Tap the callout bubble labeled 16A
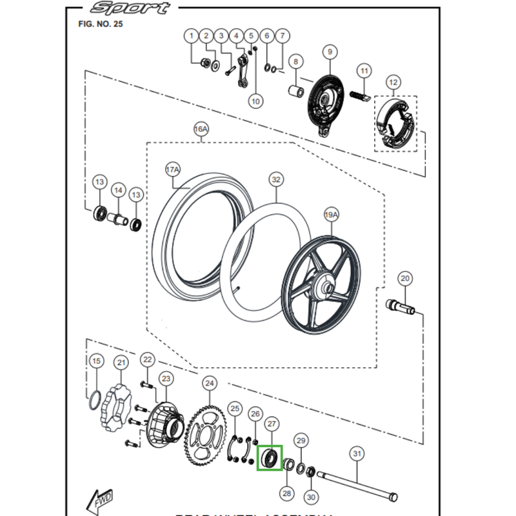201,130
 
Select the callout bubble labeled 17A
172,170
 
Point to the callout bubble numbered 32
276,179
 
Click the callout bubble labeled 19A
331,213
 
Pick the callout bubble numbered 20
404,279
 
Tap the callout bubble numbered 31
357,454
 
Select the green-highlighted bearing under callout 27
270,459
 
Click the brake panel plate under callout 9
326,100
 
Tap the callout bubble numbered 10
255,101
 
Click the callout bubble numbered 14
117,190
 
